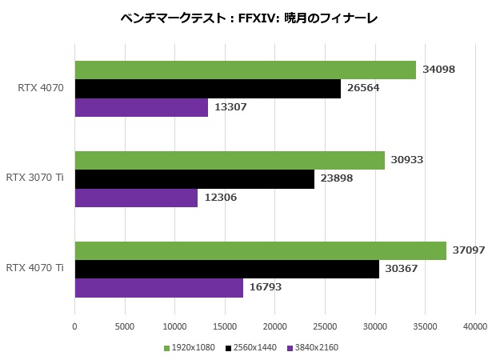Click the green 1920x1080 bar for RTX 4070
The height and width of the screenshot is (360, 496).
[245, 70]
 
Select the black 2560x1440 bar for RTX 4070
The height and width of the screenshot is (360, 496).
[207, 88]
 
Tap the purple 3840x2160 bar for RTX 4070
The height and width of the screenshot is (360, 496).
[141, 106]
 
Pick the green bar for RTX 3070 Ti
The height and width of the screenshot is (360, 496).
[230, 160]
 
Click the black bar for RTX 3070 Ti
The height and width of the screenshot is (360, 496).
[194, 178]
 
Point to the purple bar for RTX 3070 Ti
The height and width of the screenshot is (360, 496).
[136, 197]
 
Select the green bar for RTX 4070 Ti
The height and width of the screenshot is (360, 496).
[260, 250]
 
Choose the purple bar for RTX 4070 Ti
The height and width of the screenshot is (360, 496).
[158, 287]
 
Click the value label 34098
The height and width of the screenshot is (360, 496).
[438, 70]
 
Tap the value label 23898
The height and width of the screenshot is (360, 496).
[336, 178]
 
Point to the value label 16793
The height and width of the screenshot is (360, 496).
[265, 287]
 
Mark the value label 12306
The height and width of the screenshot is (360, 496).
[219, 197]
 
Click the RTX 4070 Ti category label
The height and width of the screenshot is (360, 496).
[34, 267]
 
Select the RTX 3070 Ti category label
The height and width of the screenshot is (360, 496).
[34, 177]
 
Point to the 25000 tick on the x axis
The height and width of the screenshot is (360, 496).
[325, 326]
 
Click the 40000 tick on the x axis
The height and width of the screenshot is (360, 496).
[475, 326]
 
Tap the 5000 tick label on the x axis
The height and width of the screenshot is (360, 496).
[125, 326]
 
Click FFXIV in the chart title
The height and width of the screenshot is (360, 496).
[253, 16]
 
